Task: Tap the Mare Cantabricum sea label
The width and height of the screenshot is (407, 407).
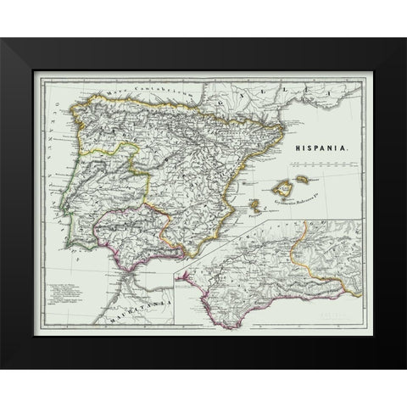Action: point(128,93)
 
